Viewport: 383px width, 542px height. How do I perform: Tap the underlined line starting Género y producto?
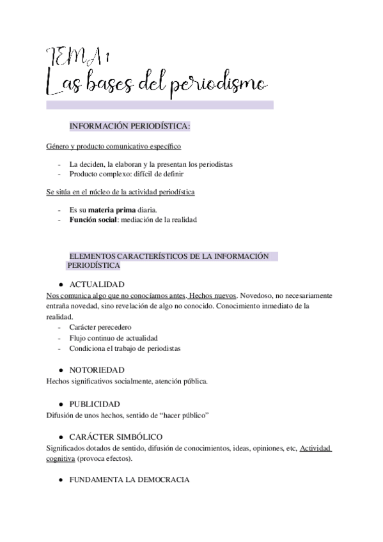pos(104,146)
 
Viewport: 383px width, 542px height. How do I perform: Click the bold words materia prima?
pos(110,210)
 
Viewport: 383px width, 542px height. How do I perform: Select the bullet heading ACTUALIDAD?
pos(97,284)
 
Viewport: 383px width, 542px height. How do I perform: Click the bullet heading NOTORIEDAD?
pos(97,369)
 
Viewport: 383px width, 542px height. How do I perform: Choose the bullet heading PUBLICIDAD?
pos(95,404)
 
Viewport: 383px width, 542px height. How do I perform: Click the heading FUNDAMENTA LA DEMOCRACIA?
pos(129,479)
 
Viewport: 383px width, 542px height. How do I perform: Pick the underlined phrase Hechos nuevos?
pos(214,295)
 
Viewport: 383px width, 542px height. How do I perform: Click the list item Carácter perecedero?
pos(100,327)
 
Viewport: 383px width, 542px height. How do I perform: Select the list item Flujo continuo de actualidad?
pos(114,337)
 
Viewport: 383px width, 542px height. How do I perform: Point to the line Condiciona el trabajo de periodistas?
pos(125,348)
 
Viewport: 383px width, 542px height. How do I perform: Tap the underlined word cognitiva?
pos(61,458)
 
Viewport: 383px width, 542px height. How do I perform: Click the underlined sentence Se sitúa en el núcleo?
pos(120,192)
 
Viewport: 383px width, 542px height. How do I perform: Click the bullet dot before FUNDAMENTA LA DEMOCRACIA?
pos(59,479)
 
